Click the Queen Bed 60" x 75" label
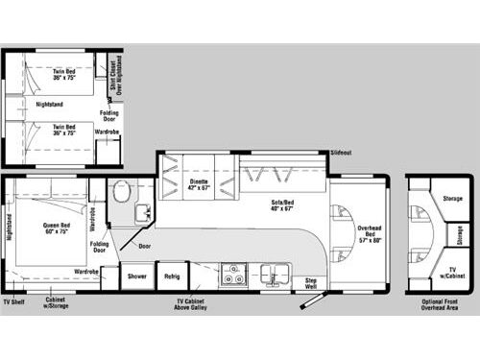(x=56, y=229)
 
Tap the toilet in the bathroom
(x=121, y=191)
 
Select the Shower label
(x=136, y=276)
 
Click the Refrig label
(x=172, y=276)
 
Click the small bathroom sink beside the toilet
(x=141, y=211)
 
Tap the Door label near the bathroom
(x=143, y=245)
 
